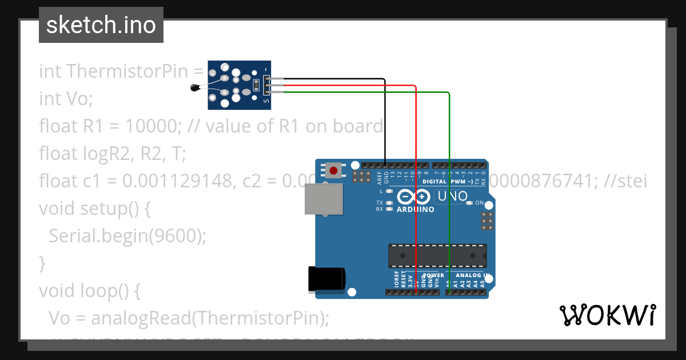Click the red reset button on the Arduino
coord(333,170)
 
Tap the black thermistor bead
coord(195,87)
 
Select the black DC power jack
coord(326,279)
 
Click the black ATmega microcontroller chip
coord(437,255)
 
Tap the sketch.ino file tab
coord(101,25)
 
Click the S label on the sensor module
coord(266,101)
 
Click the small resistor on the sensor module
coord(256,86)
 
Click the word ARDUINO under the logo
coord(415,209)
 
